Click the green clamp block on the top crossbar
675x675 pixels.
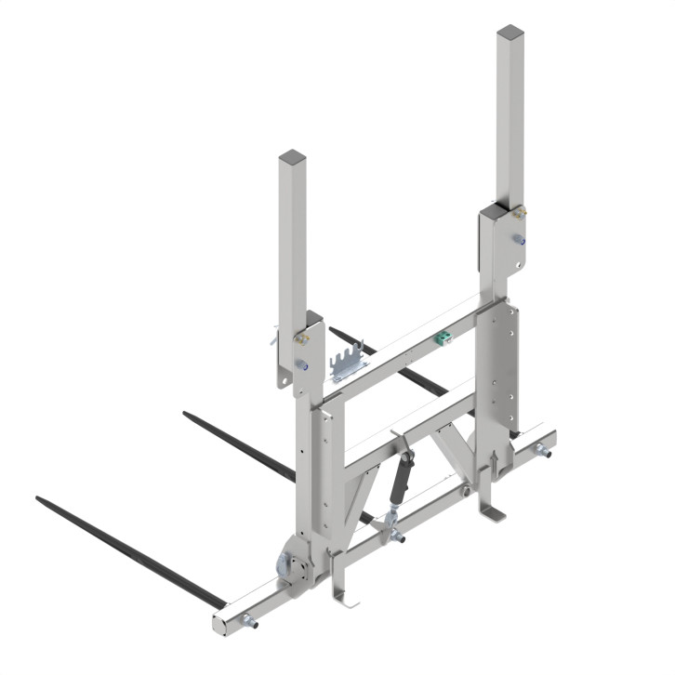pyautogui.click(x=444, y=337)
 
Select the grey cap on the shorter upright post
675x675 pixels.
pyautogui.click(x=291, y=155)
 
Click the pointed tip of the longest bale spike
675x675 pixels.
pyautogui.click(x=39, y=499)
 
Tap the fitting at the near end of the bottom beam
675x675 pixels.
pyautogui.click(x=248, y=622)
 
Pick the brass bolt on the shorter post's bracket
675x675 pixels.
pyautogui.click(x=301, y=338)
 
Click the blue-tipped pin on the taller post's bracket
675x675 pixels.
pyautogui.click(x=523, y=242)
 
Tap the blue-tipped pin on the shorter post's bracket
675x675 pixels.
pyautogui.click(x=303, y=365)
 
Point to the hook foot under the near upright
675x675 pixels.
pyautogui.click(x=345, y=594)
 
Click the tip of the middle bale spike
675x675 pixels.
pyautogui.click(x=187, y=414)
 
